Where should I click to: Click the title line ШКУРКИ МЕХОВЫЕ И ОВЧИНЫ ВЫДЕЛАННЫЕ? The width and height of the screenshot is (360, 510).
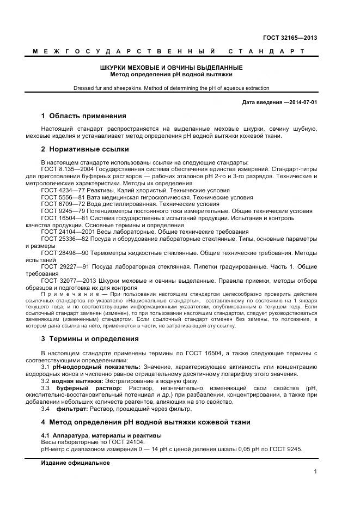[171, 68]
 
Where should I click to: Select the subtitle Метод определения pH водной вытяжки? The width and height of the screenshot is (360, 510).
[171, 74]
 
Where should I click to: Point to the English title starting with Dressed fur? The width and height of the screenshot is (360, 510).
[171, 88]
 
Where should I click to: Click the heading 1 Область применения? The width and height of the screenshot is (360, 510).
[83, 116]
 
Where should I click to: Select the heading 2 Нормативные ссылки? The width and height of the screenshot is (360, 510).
[84, 149]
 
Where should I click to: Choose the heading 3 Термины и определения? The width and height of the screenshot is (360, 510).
[90, 338]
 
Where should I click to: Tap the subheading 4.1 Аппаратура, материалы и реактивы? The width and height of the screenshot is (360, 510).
[101, 435]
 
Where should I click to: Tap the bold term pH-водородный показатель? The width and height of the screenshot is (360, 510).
[89, 367]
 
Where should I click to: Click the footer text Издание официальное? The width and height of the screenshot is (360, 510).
[75, 463]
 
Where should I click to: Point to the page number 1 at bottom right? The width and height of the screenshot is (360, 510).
[315, 472]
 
